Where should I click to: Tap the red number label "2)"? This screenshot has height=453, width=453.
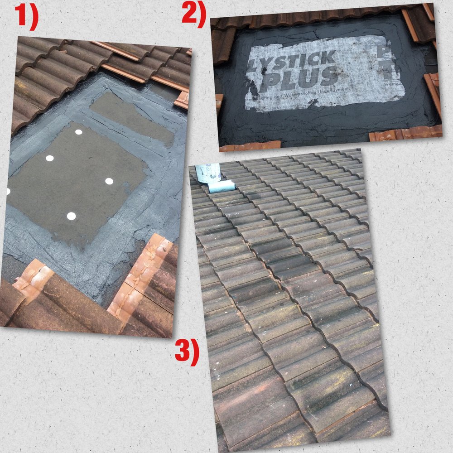tap(194, 12)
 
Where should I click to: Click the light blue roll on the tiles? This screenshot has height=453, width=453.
tap(222, 186)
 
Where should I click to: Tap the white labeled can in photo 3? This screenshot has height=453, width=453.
tap(208, 173)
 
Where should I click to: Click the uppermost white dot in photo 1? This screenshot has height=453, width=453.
tap(79, 132)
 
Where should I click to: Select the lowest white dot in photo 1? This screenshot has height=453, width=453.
tap(71, 216)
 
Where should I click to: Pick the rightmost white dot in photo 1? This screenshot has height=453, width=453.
tap(109, 181)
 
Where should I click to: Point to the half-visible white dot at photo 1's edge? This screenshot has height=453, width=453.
tap(8, 191)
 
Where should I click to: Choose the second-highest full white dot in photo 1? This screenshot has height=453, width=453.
tap(50, 158)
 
